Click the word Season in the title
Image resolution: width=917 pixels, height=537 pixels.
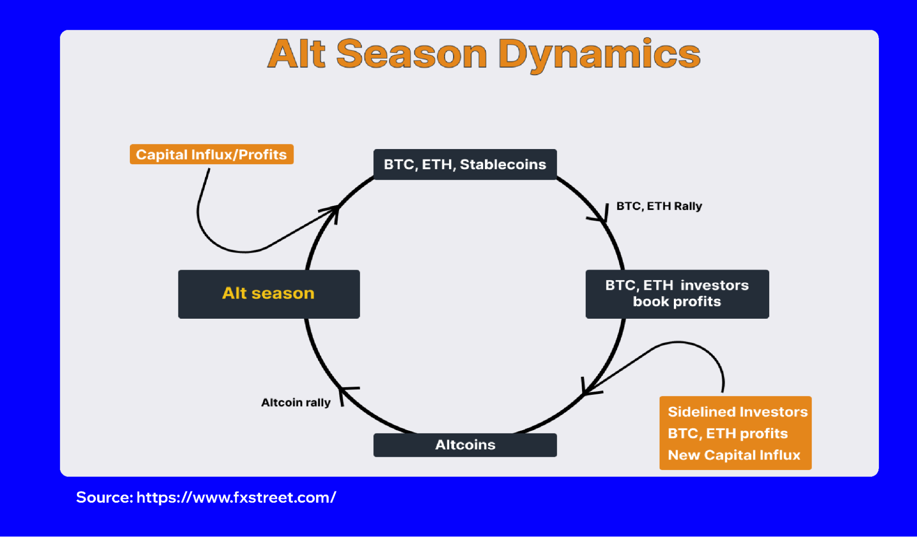(411, 54)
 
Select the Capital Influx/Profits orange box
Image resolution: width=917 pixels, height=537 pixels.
(211, 155)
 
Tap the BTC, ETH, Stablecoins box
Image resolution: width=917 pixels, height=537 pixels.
(465, 164)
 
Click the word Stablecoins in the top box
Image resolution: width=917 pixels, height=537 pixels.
(503, 164)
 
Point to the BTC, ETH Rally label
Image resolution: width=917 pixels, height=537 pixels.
(659, 206)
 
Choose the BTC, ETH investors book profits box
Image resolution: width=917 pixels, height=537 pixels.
(677, 293)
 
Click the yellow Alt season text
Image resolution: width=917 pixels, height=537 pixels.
(268, 293)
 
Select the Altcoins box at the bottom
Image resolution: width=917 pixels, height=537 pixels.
(465, 445)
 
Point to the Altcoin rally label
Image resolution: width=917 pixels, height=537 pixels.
(295, 402)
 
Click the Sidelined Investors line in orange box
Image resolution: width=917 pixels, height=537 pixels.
(737, 411)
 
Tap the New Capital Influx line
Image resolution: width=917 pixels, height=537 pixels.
(734, 455)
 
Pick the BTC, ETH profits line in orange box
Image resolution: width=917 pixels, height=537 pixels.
(728, 433)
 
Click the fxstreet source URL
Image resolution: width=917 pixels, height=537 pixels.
(236, 497)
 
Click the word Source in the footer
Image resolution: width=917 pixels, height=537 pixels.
(104, 497)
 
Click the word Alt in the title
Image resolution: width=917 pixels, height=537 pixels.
(296, 54)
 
